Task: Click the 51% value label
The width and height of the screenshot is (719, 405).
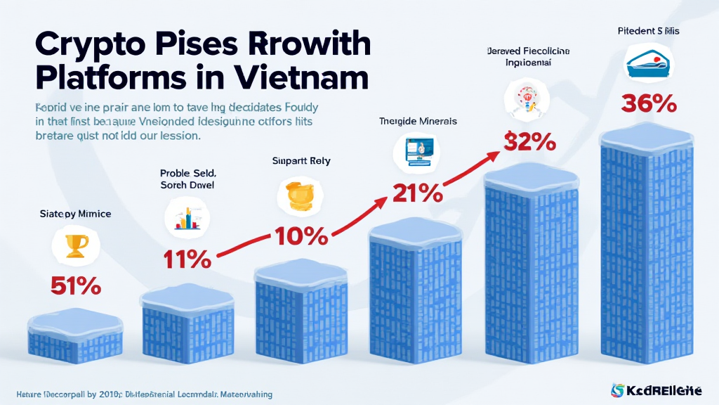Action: click(x=75, y=287)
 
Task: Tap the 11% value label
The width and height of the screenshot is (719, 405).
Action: click(x=187, y=259)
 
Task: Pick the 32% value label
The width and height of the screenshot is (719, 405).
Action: click(x=531, y=141)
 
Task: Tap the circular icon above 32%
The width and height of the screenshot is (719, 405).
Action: click(x=526, y=98)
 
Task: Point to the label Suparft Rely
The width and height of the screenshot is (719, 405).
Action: click(x=301, y=160)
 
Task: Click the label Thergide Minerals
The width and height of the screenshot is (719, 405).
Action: click(x=418, y=121)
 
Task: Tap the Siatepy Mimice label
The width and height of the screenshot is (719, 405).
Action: click(x=75, y=213)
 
